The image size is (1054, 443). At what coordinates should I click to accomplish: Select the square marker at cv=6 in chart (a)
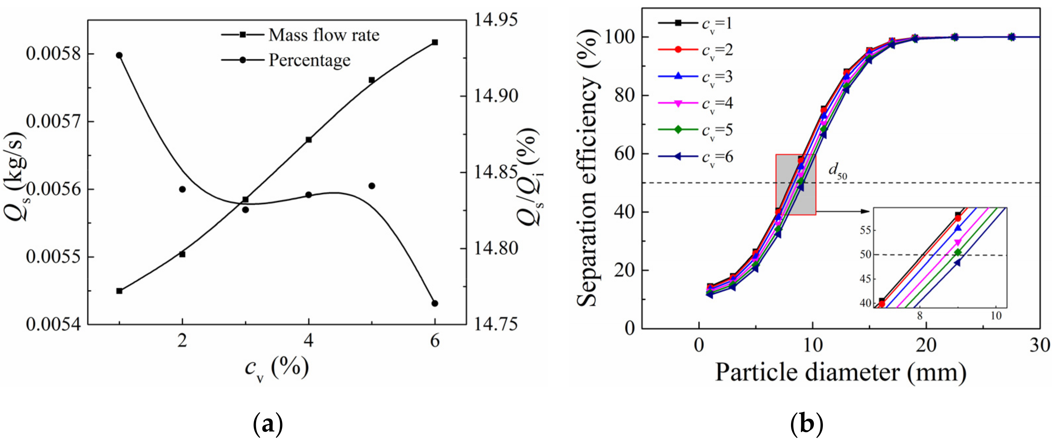(x=435, y=42)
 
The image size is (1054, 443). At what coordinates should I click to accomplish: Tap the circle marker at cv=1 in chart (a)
(x=119, y=55)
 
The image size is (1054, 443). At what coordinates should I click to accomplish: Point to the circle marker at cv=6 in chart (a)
(x=435, y=303)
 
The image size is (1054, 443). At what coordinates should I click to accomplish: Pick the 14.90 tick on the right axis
(x=495, y=96)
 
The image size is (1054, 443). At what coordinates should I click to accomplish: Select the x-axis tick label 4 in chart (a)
(x=309, y=340)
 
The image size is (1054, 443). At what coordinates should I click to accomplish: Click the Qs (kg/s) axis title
(x=17, y=177)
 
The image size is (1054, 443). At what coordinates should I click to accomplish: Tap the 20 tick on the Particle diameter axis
(x=926, y=345)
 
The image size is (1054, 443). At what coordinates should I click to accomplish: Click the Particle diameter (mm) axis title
(x=841, y=373)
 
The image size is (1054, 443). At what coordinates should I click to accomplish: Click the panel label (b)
(x=806, y=425)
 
